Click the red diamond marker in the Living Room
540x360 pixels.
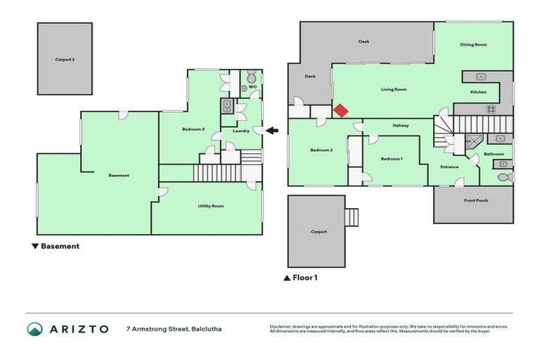tap(340, 111)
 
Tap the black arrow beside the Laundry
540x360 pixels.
tap(272, 130)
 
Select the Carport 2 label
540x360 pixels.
tap(65, 60)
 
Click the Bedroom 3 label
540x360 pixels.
tap(193, 129)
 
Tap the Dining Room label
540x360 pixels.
tap(473, 44)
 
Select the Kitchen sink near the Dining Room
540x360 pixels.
tap(481, 76)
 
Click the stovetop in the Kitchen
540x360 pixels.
tap(490, 108)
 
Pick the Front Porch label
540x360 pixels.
tap(476, 200)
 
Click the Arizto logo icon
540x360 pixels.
tap(34, 329)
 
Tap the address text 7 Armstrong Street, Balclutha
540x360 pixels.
tap(174, 328)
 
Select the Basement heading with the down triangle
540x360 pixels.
tap(56, 246)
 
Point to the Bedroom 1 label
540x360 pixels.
tap(392, 159)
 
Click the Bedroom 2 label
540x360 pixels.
tap(321, 150)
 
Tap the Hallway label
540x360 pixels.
tap(401, 126)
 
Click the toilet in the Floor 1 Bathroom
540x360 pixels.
tap(503, 177)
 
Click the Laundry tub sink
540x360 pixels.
tap(228, 106)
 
